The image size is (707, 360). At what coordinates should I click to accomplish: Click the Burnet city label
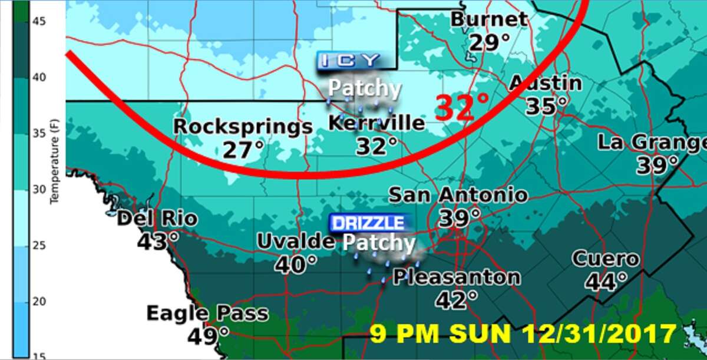pos(489,19)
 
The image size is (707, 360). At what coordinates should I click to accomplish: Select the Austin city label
pos(546,83)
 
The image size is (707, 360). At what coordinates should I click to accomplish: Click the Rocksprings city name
pos(242,127)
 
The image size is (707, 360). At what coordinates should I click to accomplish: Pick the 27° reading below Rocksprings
pos(242,150)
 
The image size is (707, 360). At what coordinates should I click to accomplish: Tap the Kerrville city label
pos(376,123)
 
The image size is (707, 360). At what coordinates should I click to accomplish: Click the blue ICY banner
pos(349,60)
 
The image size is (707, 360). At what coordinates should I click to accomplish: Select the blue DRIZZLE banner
pos(368,223)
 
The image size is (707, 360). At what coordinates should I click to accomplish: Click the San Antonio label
pos(458,194)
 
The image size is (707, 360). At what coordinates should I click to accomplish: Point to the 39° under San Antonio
pos(459,218)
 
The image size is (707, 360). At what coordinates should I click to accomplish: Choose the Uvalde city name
pos(296,241)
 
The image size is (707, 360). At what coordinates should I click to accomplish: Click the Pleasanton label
pos(457,277)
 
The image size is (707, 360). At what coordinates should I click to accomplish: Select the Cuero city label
pos(605,259)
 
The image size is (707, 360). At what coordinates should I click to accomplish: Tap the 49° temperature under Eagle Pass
pos(209,336)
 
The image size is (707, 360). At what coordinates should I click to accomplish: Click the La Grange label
pos(652,143)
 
